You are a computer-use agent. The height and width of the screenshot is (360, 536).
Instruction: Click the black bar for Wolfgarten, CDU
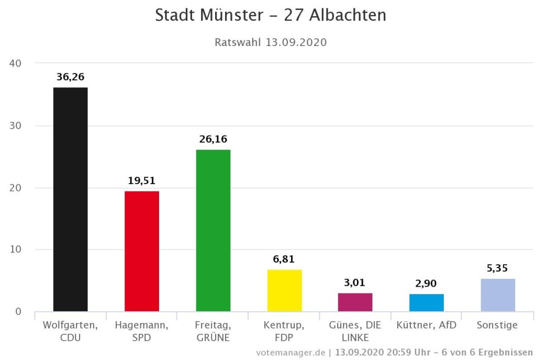tap(70, 199)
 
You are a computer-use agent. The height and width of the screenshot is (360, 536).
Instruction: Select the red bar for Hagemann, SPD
tap(141, 251)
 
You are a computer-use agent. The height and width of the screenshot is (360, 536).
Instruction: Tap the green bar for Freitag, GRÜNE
tap(213, 230)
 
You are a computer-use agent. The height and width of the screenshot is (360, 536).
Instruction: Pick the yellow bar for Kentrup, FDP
tap(284, 290)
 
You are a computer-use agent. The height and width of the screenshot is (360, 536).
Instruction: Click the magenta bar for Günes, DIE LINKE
tap(355, 302)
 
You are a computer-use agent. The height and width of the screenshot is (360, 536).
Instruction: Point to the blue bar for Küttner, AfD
tap(426, 302)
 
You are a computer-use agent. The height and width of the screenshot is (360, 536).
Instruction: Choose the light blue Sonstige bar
tap(497, 295)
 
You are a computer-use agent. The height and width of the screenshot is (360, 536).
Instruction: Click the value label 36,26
tap(70, 77)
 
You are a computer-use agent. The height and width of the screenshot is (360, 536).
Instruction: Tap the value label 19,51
tap(141, 181)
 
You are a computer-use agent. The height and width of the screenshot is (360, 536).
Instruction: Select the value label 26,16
tap(213, 139)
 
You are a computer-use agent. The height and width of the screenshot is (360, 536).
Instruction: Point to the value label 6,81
tap(284, 259)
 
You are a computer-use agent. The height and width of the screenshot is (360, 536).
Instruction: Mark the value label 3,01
tap(355, 283)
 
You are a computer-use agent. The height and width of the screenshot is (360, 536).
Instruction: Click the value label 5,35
tap(497, 268)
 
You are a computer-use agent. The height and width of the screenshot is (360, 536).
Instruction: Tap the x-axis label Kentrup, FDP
tap(284, 331)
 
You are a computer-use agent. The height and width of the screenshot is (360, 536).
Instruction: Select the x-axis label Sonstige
tap(497, 325)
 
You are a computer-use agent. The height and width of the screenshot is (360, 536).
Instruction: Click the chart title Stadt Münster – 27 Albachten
tap(271, 15)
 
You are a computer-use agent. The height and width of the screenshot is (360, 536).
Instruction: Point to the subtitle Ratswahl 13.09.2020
tap(271, 42)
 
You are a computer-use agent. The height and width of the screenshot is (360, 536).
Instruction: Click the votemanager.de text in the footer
tap(291, 352)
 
